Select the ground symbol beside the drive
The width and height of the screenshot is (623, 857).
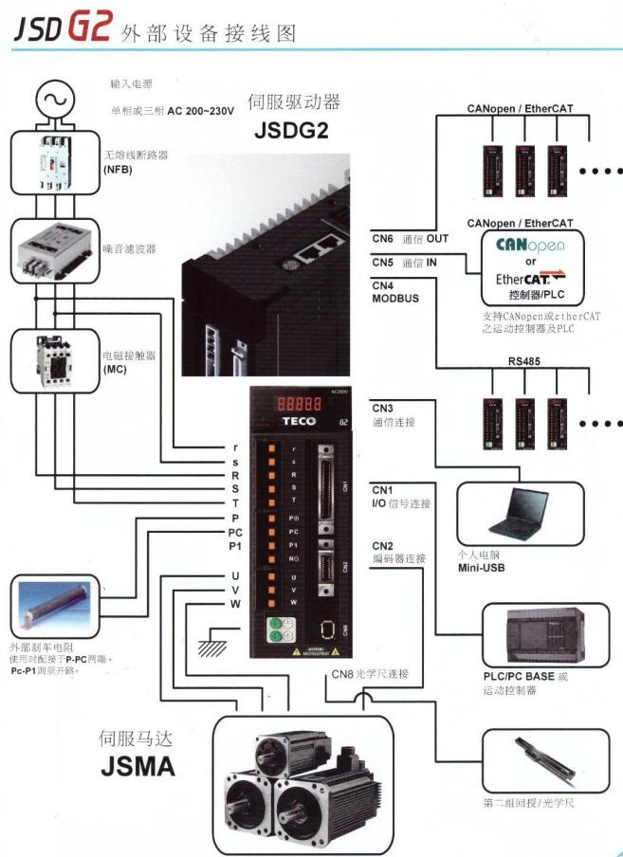point(207,644)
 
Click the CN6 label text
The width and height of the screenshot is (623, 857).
point(382,238)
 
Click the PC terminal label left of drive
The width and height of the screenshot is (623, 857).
point(234,532)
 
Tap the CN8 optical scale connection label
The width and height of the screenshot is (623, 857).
point(370,674)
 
